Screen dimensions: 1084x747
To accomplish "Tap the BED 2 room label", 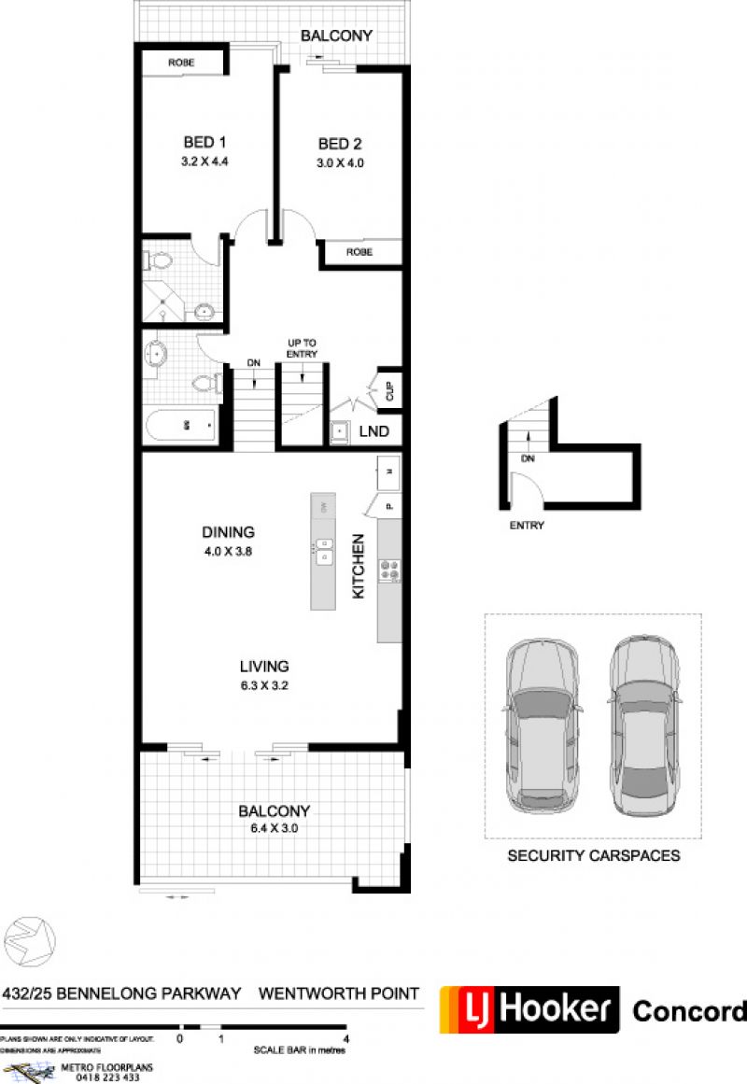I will [340, 144].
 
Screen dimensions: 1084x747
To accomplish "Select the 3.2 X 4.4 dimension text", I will [205, 162].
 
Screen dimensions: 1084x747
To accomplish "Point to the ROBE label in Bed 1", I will [181, 63].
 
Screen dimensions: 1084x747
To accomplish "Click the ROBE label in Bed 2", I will [359, 252].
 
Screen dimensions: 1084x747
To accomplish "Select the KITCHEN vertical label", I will [357, 566].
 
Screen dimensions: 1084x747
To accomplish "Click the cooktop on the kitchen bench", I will [388, 570].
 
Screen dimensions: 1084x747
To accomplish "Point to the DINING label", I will [229, 532].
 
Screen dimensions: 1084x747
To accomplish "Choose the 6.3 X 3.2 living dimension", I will [264, 684].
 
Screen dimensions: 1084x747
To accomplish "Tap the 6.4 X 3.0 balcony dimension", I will [274, 828].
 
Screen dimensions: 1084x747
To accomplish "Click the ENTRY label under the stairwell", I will [527, 526].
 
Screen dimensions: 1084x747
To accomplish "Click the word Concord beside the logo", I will [689, 1010].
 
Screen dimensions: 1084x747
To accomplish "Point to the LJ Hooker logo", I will [529, 1009].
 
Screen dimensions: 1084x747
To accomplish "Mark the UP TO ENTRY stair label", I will [303, 349].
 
